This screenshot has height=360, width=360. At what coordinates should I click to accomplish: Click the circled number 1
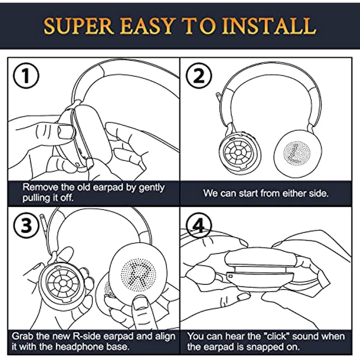coord(26,76)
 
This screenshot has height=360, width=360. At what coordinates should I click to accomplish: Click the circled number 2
coord(199,76)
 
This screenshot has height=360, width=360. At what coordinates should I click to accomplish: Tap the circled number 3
coord(26,225)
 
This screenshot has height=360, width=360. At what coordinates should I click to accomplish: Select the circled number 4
coord(199,225)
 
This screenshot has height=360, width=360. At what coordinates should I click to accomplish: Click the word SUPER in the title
coord(78,26)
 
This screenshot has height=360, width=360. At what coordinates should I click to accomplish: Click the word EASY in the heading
coord(147,26)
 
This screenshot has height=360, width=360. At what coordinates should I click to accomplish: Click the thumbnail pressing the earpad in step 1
coord(66,132)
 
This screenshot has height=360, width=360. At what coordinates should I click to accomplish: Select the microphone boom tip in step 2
coord(218,94)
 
